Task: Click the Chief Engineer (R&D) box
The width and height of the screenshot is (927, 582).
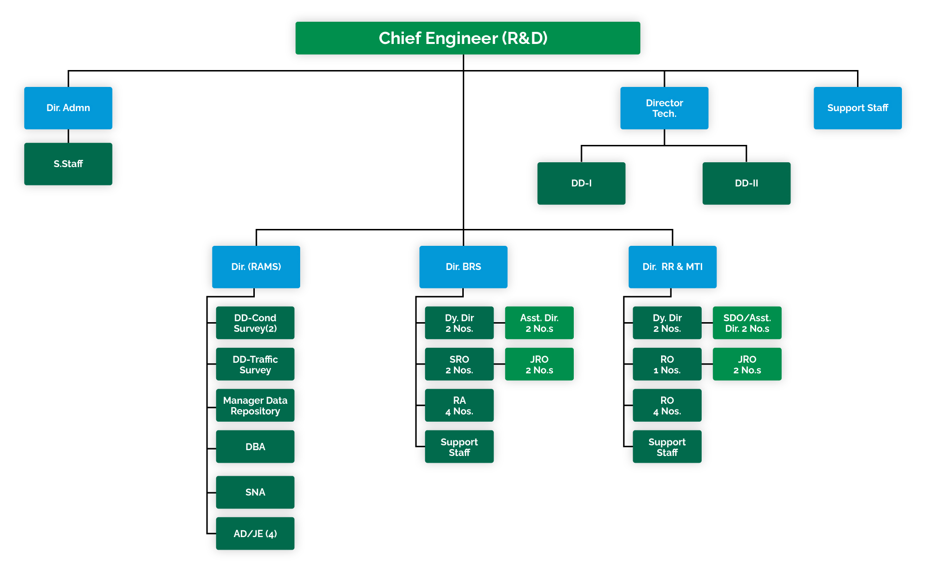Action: point(467,38)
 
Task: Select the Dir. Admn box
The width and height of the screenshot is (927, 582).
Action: point(68,108)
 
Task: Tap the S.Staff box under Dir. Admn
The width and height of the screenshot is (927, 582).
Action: point(68,164)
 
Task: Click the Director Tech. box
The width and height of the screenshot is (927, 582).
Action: point(664,108)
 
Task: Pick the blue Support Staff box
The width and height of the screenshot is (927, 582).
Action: point(857,108)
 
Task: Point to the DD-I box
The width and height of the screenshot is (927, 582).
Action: point(581,183)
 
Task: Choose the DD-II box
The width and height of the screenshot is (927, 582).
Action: point(746,183)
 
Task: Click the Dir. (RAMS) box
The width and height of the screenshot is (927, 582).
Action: point(256,267)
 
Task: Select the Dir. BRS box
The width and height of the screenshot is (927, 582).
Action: point(463,267)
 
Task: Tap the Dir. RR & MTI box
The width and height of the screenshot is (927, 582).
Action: point(672,267)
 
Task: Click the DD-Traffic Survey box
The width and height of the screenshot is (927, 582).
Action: point(255,364)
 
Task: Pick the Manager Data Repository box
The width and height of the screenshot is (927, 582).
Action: point(255,405)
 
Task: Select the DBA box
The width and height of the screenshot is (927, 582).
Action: point(255,446)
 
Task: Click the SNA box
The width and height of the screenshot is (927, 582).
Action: point(255,492)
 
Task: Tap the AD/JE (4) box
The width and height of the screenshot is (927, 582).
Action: point(255,533)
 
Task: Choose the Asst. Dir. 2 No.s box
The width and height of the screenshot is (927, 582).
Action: point(539,323)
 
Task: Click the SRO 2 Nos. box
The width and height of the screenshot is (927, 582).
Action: point(459,364)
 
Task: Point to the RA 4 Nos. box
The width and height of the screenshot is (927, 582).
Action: point(459,405)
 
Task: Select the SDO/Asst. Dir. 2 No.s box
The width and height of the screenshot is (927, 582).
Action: point(747,323)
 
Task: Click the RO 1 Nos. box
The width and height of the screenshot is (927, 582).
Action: point(666,364)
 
